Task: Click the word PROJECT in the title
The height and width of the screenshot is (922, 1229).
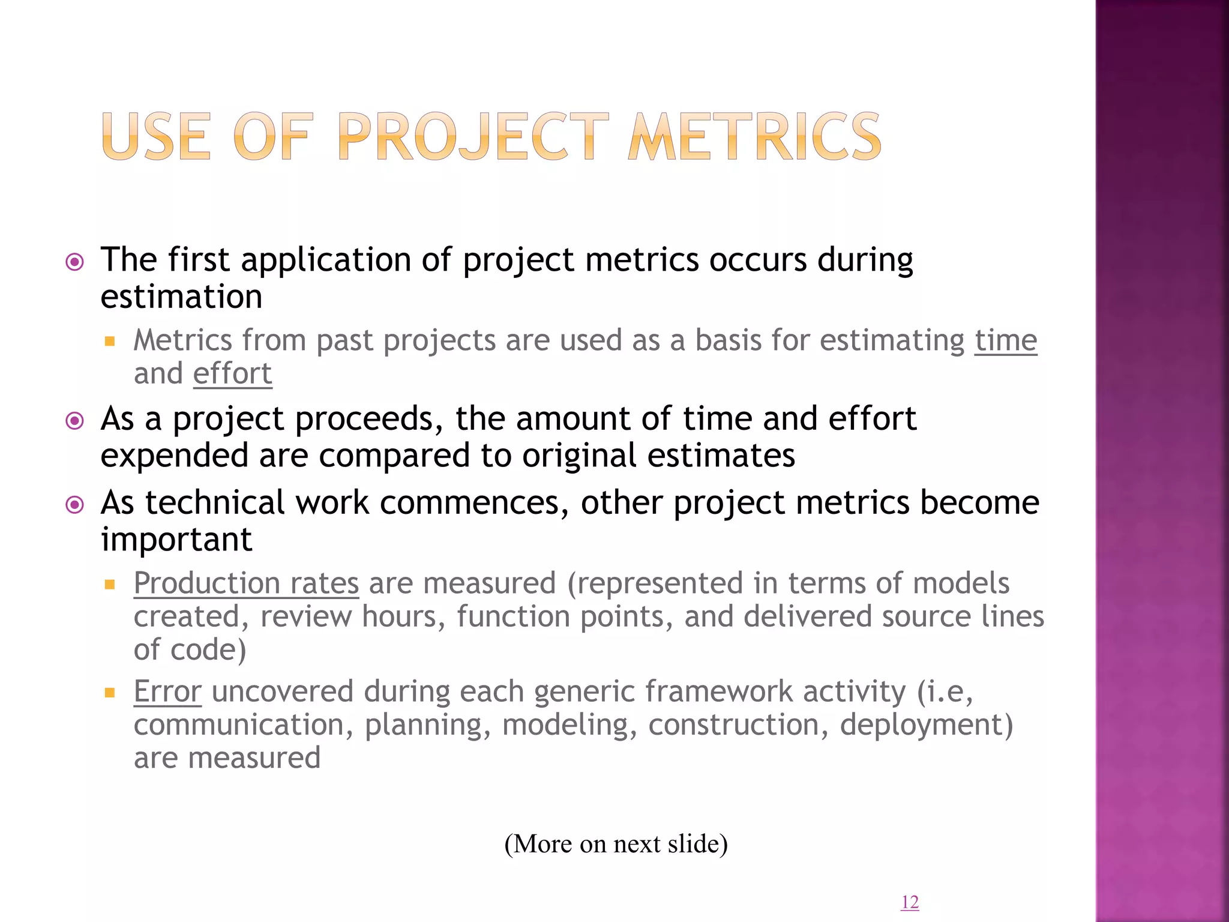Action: (x=472, y=137)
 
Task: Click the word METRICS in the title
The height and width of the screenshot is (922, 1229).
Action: (x=754, y=137)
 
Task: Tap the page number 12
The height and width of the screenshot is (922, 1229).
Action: (x=910, y=902)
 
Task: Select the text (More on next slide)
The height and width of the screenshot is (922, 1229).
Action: (x=616, y=843)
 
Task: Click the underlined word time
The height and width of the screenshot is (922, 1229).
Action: (x=1005, y=340)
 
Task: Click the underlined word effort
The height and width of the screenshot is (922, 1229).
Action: (x=232, y=373)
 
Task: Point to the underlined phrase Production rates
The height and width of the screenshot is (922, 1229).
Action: (x=246, y=583)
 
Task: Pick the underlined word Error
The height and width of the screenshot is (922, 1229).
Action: (x=167, y=691)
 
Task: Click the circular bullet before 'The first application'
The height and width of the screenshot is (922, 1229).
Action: (x=74, y=262)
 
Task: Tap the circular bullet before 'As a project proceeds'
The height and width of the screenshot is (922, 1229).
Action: (x=74, y=421)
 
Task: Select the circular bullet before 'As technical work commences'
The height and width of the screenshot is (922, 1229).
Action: (x=74, y=505)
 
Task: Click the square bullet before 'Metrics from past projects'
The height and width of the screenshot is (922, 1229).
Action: (x=109, y=342)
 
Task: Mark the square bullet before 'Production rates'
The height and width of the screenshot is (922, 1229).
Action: (x=109, y=584)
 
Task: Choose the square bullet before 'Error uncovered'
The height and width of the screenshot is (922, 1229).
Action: (x=109, y=692)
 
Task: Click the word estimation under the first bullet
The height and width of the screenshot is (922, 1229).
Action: (x=181, y=297)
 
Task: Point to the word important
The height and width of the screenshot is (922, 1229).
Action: (x=176, y=540)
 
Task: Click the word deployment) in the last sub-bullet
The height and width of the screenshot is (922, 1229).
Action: (x=926, y=725)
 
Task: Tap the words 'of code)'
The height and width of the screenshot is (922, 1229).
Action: (x=190, y=649)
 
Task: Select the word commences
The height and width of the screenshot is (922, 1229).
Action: (x=474, y=502)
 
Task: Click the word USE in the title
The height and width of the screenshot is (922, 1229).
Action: (x=156, y=137)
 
